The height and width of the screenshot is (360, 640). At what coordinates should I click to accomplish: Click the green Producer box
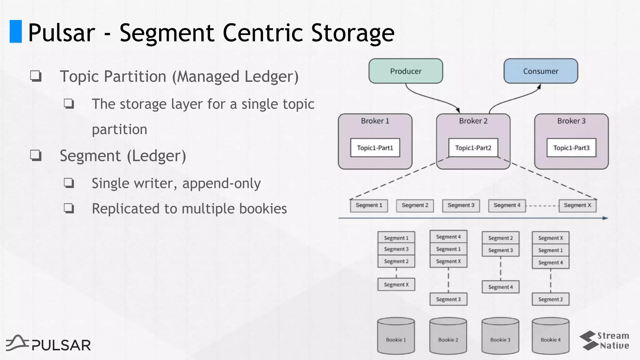[x=406, y=71]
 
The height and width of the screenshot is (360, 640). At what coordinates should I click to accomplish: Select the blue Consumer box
[x=541, y=71]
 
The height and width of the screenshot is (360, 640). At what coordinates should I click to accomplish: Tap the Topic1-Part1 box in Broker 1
[x=375, y=147]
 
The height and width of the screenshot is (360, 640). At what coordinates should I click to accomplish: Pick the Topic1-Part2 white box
[x=473, y=147]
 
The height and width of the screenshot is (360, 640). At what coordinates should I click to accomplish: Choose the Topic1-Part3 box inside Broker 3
[x=571, y=147]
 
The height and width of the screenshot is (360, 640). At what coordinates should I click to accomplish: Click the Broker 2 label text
[x=473, y=121]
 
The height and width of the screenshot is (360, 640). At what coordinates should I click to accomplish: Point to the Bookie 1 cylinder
[x=396, y=336]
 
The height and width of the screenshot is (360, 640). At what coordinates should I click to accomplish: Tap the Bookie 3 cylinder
[x=500, y=336]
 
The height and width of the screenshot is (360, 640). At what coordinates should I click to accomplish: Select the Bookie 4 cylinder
[x=551, y=336]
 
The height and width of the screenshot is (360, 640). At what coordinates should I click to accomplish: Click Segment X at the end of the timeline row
[x=577, y=205]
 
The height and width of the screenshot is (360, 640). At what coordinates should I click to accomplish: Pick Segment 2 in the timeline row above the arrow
[x=415, y=205]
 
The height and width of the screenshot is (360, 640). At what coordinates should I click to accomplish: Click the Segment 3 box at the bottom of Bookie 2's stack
[x=448, y=299]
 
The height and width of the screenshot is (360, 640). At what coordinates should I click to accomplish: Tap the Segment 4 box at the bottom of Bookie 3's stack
[x=501, y=287]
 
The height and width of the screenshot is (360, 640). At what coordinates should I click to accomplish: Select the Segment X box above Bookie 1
[x=396, y=284]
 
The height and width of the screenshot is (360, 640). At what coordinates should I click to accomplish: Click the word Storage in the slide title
[x=352, y=32]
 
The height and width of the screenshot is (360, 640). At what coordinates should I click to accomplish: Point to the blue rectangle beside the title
[x=16, y=31]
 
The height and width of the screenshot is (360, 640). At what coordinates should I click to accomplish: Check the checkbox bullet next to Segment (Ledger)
[x=36, y=155]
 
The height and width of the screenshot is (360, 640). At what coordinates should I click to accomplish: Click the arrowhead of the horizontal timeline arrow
[x=605, y=218]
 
